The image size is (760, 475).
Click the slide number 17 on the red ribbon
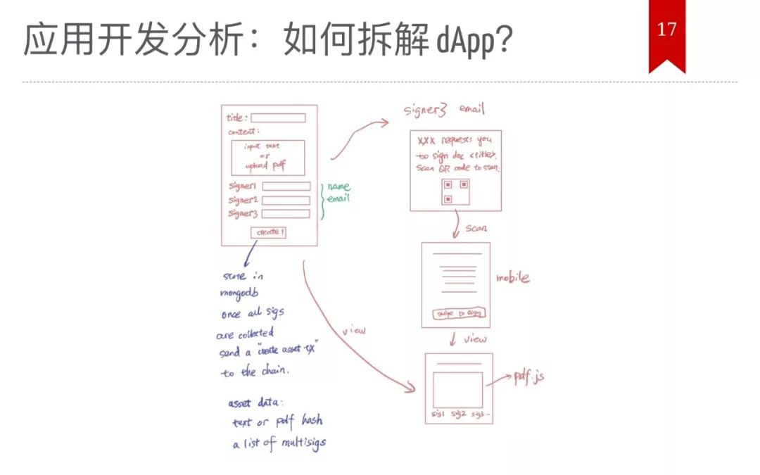[666, 30]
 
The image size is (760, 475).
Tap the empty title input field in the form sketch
[278, 118]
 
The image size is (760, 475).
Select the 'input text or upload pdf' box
[267, 157]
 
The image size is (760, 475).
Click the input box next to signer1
[286, 186]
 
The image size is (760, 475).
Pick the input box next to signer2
[286, 200]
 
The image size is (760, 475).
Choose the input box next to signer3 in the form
[286, 214]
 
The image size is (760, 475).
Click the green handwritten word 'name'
[338, 187]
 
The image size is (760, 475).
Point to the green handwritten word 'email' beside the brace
[338, 198]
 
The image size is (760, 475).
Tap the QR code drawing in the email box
[456, 191]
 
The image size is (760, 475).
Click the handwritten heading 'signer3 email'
[443, 110]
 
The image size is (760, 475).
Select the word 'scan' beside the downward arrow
[476, 229]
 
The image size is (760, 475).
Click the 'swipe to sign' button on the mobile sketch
[456, 313]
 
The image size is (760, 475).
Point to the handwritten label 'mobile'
[512, 278]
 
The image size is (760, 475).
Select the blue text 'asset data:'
[255, 403]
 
